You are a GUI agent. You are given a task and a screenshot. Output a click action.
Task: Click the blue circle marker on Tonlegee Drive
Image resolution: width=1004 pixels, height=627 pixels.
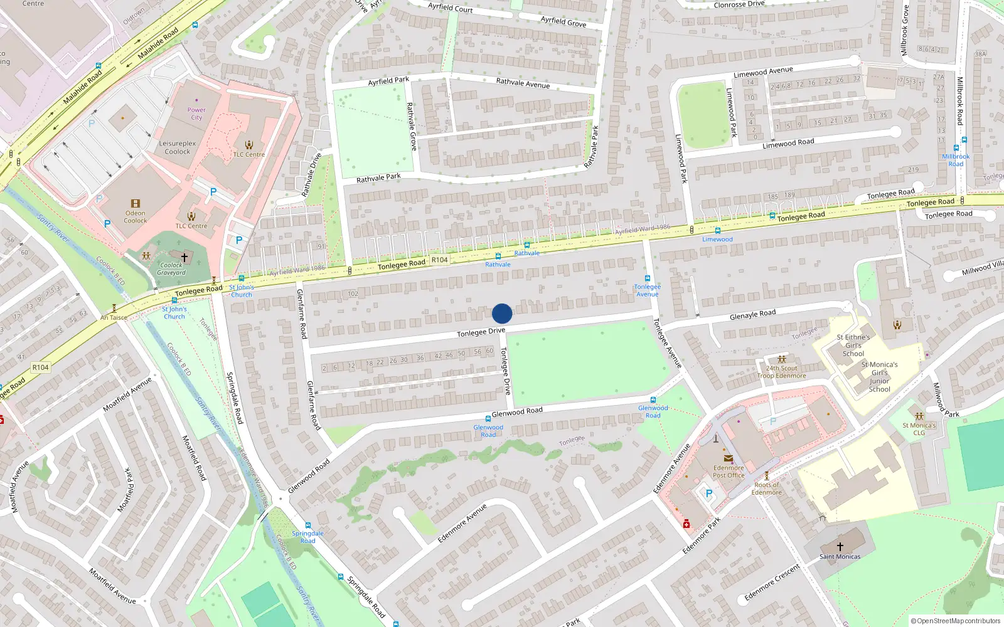pyautogui.click(x=502, y=313)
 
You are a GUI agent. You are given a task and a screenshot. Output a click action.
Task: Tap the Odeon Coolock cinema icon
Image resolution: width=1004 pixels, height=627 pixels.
pyautogui.click(x=136, y=204)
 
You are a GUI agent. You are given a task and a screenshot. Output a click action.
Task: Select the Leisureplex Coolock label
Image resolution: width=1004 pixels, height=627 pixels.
pyautogui.click(x=178, y=147)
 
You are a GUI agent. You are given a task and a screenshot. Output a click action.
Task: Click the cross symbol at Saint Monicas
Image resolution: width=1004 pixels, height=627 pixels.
pyautogui.click(x=840, y=547)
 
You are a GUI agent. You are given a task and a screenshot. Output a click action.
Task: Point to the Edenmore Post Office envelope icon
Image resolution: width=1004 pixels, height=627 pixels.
pyautogui.click(x=729, y=458)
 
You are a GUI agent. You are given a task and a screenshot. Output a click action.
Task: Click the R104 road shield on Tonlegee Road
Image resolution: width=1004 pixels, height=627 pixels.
pyautogui.click(x=439, y=260)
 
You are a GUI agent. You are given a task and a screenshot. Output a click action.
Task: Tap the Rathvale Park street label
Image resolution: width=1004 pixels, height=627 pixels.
pyautogui.click(x=378, y=178)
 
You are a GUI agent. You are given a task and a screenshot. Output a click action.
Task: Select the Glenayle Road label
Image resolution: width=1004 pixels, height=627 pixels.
pyautogui.click(x=752, y=315)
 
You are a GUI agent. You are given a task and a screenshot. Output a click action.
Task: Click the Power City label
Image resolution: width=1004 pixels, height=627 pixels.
pyautogui.click(x=196, y=113)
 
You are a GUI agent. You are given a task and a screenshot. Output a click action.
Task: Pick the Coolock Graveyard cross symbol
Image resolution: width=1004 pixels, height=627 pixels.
pyautogui.click(x=184, y=257)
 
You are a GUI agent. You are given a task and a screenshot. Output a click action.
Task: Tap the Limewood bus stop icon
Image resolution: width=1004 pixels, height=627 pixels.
pyautogui.click(x=718, y=231)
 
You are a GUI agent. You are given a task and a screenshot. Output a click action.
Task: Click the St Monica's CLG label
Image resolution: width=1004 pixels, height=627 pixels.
pyautogui.click(x=919, y=429)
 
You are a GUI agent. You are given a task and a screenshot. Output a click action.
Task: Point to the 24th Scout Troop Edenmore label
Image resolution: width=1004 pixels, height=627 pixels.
pyautogui.click(x=781, y=372)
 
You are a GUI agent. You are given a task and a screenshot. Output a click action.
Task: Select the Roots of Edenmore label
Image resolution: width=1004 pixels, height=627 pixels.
pyautogui.click(x=767, y=488)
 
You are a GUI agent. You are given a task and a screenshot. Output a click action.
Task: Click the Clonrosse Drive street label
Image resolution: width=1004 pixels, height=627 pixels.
pyautogui.click(x=739, y=4)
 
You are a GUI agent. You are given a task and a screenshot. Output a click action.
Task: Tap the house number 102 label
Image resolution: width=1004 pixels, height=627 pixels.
pyautogui.click(x=353, y=293)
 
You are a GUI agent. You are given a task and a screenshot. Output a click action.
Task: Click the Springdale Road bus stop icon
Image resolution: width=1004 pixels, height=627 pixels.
pyautogui.click(x=308, y=525)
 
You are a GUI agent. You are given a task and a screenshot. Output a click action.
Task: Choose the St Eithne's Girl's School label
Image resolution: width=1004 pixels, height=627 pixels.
pyautogui.click(x=853, y=345)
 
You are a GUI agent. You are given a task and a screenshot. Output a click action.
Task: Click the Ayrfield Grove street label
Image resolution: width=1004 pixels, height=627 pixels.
pyautogui.click(x=563, y=22)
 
